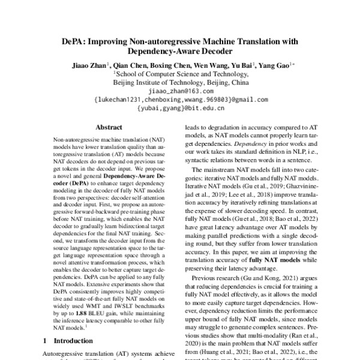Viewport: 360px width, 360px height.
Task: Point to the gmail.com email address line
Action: (x=181, y=100)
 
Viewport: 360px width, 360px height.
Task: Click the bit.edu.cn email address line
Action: (x=181, y=109)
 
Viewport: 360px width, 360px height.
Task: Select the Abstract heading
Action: (x=109, y=127)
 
